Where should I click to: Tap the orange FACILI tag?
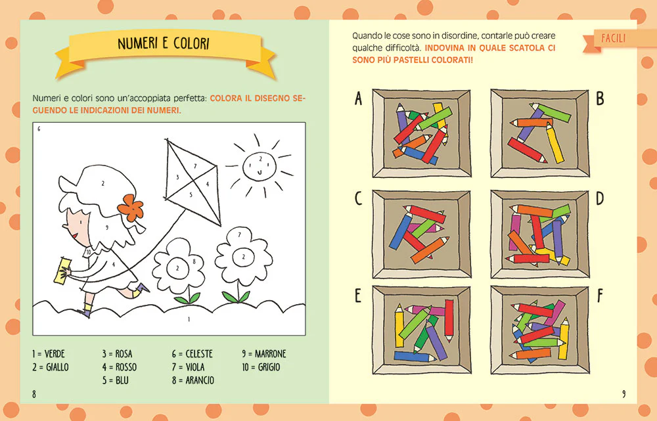[614, 39]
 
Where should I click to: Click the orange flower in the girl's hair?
[131, 208]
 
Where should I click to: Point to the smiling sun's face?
[260, 166]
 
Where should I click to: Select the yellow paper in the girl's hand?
[63, 271]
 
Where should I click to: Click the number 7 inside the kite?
[195, 166]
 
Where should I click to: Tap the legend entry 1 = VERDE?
[48, 354]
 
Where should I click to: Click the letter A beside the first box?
[358, 99]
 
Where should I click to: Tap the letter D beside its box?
[600, 198]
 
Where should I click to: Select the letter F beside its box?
[600, 296]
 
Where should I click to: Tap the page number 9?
[623, 394]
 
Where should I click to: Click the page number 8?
[34, 394]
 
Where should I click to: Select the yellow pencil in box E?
[399, 326]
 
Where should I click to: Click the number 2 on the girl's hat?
[103, 183]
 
